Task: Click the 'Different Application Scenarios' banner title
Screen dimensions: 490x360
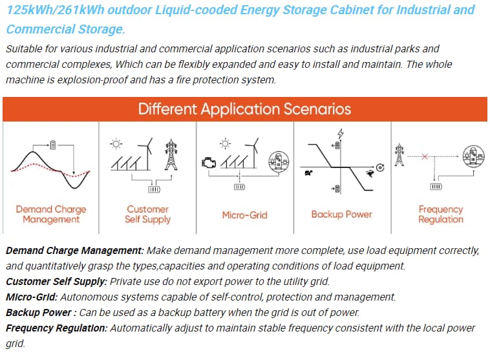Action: point(244,109)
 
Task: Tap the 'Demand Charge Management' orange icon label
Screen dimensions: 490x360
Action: point(51,214)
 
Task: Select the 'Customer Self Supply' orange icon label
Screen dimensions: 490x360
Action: point(147,214)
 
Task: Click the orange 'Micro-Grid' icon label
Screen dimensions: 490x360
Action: point(245,215)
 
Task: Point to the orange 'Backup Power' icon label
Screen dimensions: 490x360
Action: point(341,215)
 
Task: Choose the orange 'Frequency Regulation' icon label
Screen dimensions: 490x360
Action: point(441,214)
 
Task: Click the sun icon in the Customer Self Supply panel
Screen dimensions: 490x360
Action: point(116,144)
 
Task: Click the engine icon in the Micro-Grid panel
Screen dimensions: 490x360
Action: point(209,163)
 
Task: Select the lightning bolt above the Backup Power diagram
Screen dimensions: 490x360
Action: point(340,133)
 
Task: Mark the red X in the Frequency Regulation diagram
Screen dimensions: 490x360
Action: point(424,156)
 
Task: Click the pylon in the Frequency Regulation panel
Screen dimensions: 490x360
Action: point(399,154)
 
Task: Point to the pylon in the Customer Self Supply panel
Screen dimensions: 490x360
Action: point(171,154)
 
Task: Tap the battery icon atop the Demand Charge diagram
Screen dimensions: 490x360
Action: point(53,145)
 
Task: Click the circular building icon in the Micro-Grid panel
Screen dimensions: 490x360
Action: point(279,161)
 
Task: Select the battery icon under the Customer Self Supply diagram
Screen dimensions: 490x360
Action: point(154,189)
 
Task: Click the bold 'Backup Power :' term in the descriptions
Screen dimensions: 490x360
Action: point(41,313)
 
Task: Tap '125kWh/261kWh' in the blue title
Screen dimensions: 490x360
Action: point(56,10)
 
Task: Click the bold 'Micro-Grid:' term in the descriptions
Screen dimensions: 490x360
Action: point(32,297)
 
